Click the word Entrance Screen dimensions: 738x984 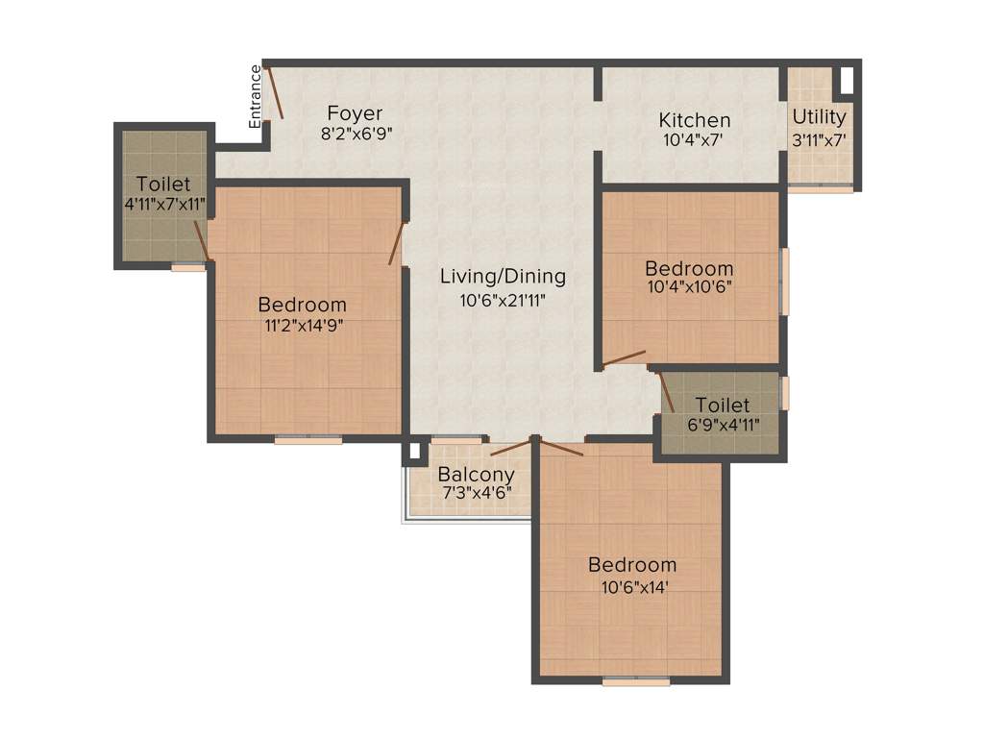point(256,96)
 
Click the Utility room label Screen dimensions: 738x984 point(819,117)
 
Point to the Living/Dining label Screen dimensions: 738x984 point(503,277)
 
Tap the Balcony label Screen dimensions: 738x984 point(476,474)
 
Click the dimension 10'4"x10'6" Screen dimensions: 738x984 point(688,286)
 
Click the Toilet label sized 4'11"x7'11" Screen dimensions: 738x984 point(162,184)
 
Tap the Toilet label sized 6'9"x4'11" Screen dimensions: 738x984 point(723,405)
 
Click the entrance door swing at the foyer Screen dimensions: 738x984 point(275,91)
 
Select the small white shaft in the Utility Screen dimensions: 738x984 point(846,81)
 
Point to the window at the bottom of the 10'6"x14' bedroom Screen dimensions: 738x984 point(636,681)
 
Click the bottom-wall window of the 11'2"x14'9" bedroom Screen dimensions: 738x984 point(307,440)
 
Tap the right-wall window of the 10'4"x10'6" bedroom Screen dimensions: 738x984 point(784,281)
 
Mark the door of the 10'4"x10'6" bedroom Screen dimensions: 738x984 point(624,359)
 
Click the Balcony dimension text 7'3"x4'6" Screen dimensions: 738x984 point(476,492)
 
